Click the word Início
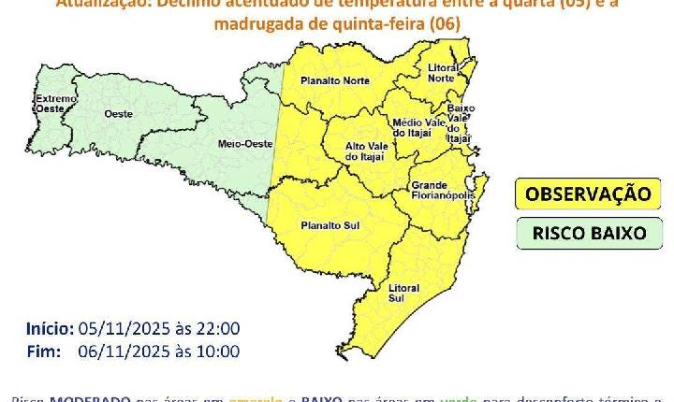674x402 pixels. [49, 328]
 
